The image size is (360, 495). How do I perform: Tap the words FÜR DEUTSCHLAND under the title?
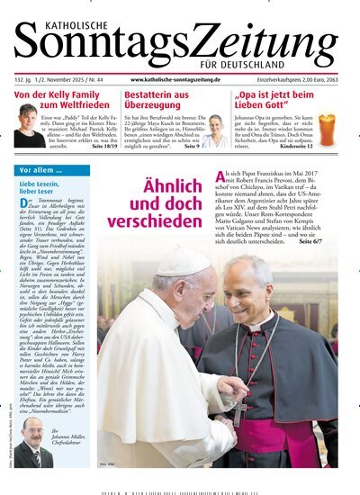[293, 65]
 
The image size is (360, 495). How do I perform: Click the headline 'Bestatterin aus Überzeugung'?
[157, 101]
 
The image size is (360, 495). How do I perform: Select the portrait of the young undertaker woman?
[216, 131]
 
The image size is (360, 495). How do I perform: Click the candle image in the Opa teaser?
[326, 130]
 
